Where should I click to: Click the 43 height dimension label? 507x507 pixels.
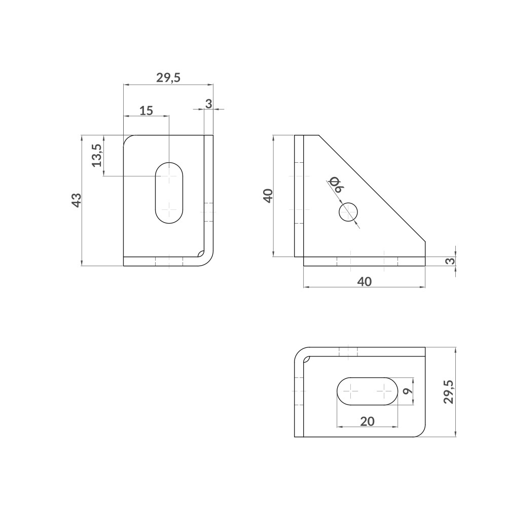76,200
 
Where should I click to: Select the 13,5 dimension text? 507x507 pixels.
97,155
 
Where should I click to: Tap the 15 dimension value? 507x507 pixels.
146,111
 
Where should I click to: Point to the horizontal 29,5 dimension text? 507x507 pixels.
168,78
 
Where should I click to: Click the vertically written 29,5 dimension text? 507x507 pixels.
448,391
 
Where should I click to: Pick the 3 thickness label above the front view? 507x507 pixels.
208,103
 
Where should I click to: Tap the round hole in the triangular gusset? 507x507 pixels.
348,212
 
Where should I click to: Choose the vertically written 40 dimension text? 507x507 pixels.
268,195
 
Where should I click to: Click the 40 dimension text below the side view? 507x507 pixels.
364,282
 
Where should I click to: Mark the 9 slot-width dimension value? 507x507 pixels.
406,391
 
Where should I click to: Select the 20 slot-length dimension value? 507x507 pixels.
367,421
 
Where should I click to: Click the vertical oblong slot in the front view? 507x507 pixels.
169,193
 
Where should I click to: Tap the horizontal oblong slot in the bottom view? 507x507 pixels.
368,391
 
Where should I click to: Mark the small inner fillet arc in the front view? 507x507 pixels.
201,254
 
